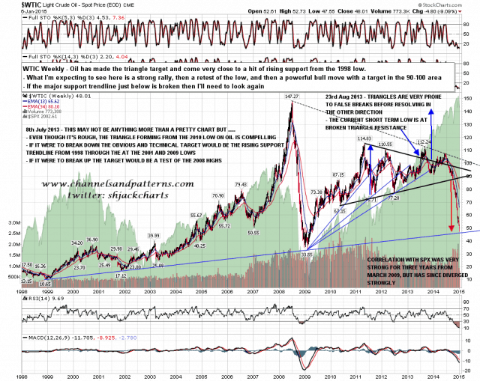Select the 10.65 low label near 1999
[49, 284]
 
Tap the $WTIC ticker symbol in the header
[14, 4]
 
